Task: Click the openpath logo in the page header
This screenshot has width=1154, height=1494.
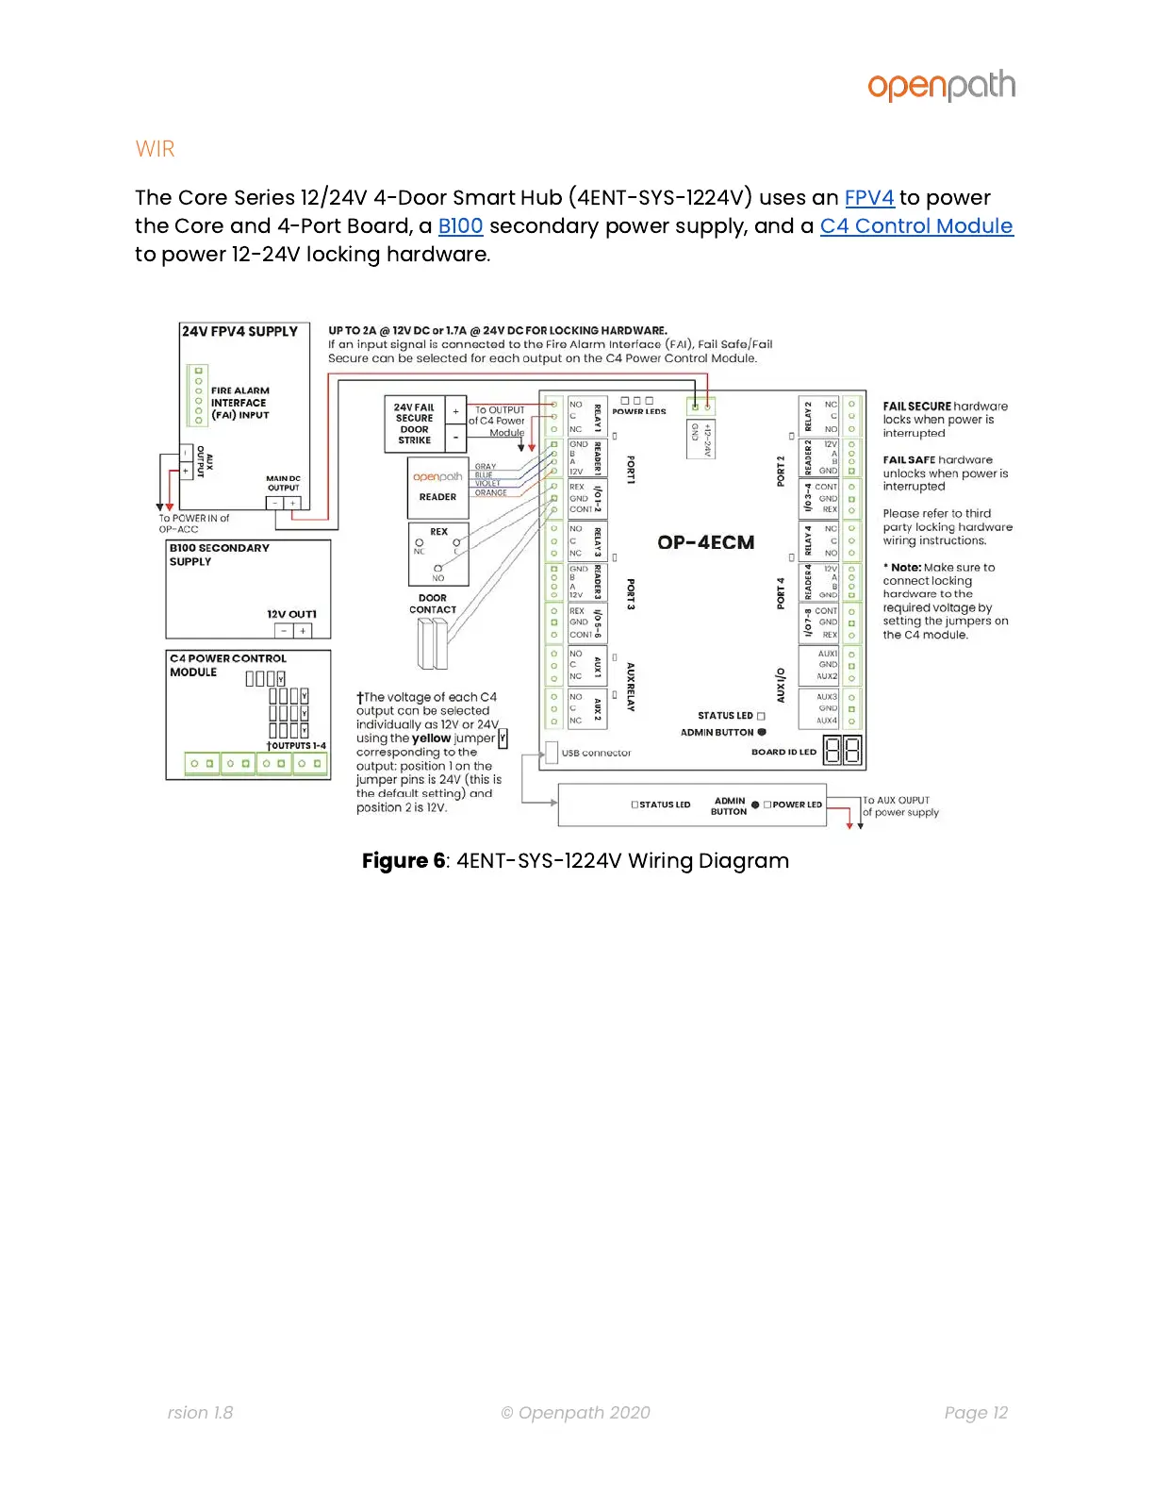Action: (x=941, y=86)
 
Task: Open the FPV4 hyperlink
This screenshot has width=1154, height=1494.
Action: (x=868, y=198)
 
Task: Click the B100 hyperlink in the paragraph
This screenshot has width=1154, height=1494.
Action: (x=460, y=226)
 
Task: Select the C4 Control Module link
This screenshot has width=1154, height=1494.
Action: (x=915, y=226)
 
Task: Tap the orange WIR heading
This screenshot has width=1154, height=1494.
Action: (x=155, y=149)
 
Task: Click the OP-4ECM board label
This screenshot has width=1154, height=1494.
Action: (x=705, y=542)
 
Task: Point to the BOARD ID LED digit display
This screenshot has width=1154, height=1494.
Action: (x=842, y=751)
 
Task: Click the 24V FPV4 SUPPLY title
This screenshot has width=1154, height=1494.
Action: (x=239, y=332)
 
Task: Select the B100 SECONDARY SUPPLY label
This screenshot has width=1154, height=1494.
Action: (x=219, y=555)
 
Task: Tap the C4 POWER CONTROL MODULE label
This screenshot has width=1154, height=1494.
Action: (x=227, y=665)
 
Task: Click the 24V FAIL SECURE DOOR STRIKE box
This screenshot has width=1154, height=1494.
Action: (x=415, y=424)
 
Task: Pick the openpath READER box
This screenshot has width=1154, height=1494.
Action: (x=437, y=487)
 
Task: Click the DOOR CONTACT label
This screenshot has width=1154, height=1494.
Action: (x=433, y=604)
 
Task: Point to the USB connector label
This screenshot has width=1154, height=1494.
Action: (x=596, y=753)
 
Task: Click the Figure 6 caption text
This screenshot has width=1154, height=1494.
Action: (x=575, y=861)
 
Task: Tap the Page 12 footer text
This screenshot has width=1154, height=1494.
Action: (x=976, y=1412)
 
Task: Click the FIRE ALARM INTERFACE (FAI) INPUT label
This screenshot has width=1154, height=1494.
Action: (x=239, y=403)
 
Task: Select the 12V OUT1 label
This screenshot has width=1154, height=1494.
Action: (x=291, y=614)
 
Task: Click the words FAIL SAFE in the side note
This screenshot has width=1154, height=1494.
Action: (x=909, y=460)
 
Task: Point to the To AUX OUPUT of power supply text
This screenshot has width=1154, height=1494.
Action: (x=900, y=806)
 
